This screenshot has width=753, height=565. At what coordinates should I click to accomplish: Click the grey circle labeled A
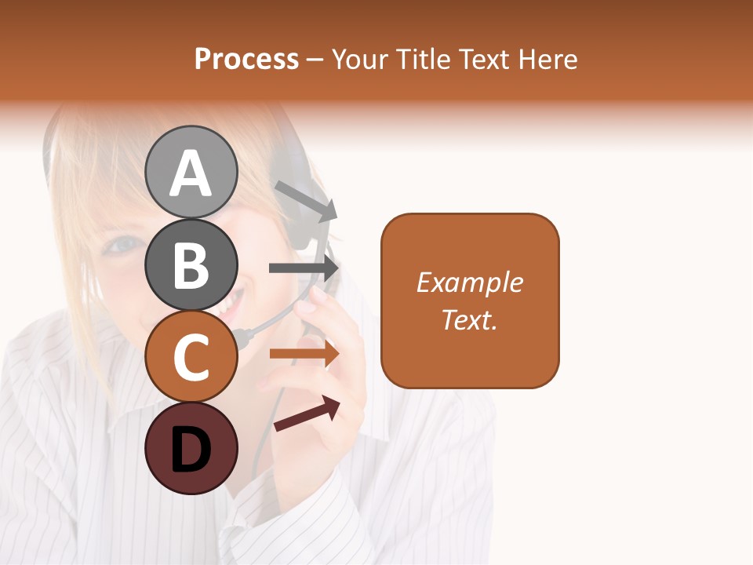[191, 172]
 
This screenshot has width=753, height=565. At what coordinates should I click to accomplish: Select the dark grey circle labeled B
[191, 264]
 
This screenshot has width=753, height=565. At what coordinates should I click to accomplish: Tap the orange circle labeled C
[191, 356]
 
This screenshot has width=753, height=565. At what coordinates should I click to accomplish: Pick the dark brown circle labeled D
[191, 448]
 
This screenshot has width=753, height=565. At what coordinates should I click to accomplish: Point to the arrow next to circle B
[304, 268]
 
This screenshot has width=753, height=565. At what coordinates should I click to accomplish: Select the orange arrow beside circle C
[304, 354]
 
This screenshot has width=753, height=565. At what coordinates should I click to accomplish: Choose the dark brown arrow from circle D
[307, 414]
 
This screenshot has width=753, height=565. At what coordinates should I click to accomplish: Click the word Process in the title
[246, 59]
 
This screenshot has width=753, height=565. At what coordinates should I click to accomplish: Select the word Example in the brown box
[470, 282]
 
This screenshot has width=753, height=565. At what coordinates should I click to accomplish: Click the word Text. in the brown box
[470, 319]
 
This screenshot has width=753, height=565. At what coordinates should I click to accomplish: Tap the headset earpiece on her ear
[298, 228]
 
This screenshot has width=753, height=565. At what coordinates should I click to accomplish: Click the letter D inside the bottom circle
[191, 450]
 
